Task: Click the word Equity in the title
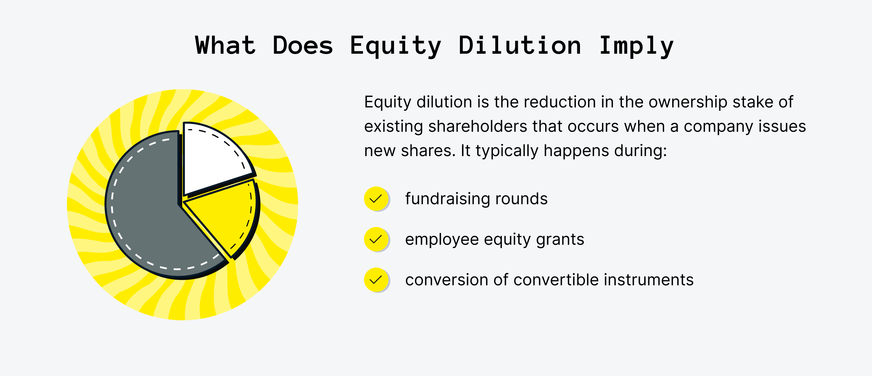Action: [x=395, y=46]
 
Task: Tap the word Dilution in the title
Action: [x=519, y=46]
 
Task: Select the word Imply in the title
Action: [x=636, y=46]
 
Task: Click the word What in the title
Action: [x=225, y=46]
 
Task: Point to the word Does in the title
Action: [x=302, y=46]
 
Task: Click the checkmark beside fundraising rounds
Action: [x=376, y=199]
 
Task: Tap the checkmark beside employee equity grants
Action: [x=376, y=239]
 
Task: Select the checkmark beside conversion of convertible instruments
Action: [x=376, y=280]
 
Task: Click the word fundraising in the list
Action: [x=447, y=199]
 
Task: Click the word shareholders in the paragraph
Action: [x=477, y=127]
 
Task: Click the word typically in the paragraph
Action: [x=507, y=151]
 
